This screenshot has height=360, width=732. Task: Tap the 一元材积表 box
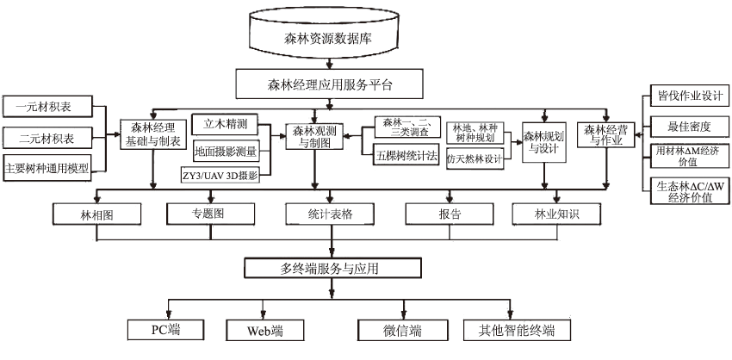click(49, 107)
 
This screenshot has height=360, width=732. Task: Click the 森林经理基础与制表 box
click(153, 134)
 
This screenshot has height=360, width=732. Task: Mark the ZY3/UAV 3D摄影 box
click(226, 175)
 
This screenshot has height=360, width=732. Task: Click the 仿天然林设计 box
click(475, 158)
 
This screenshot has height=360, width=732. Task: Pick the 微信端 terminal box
click(402, 330)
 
